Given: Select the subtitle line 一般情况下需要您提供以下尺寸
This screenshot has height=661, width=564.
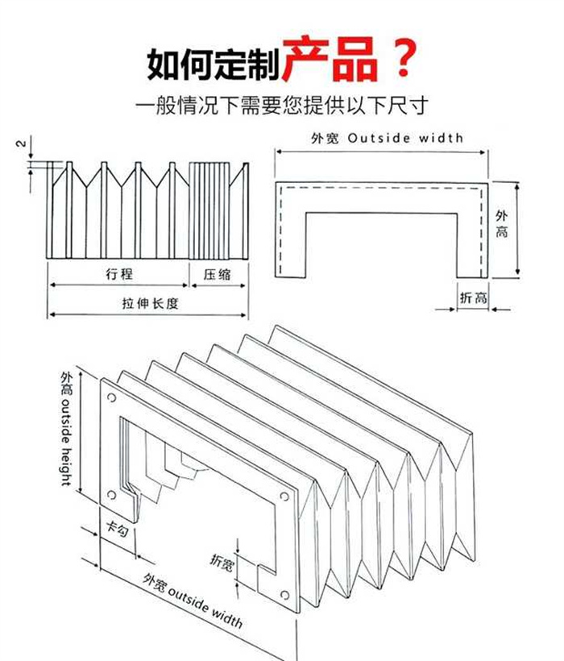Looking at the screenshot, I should [x=281, y=105].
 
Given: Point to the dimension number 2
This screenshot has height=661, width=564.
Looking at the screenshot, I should [x=22, y=145].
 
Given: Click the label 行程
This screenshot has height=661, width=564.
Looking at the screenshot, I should [x=118, y=274].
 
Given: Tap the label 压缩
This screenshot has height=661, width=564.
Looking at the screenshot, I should [x=218, y=274].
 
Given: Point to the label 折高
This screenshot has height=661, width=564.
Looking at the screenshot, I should [x=473, y=297].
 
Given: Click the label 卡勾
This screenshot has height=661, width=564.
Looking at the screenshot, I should [x=118, y=530].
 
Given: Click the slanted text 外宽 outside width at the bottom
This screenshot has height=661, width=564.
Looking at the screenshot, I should [x=193, y=600].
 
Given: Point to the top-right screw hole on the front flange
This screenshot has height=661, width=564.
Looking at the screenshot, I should [x=284, y=496].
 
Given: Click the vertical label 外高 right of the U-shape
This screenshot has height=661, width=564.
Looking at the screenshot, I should [x=502, y=225].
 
